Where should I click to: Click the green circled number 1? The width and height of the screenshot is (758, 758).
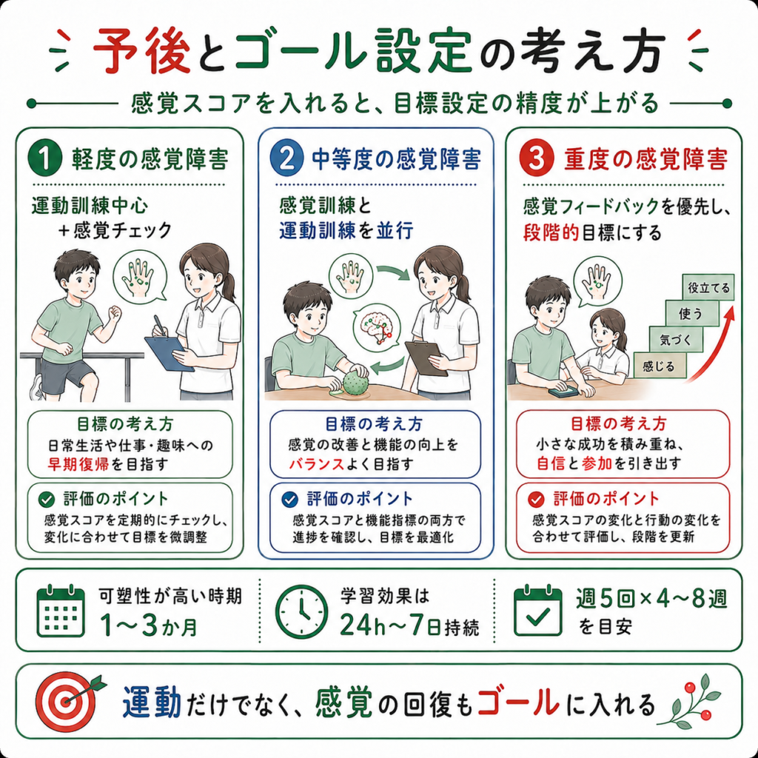coord(45,159)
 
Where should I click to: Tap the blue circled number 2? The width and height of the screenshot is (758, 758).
coord(287,159)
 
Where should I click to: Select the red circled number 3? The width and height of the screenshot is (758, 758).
coord(536,159)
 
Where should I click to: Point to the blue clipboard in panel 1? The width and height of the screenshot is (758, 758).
coord(170,353)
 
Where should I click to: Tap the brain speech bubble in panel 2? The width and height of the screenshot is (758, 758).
coord(377,326)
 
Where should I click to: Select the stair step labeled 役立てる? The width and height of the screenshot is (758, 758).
coord(708,288)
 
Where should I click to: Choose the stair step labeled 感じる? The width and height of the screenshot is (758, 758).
coord(658,366)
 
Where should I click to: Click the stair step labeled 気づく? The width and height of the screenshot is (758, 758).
coord(676,340)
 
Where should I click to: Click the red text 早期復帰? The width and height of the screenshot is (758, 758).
coord(78,464)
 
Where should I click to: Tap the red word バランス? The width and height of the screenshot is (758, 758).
coord(317,464)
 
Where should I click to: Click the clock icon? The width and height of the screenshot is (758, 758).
coord(301,611)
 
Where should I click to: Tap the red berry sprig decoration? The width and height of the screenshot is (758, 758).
coord(691,700)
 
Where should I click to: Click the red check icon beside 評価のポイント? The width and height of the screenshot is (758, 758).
coord(536,498)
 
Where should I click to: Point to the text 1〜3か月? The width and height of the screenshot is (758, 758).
coord(149,626)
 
